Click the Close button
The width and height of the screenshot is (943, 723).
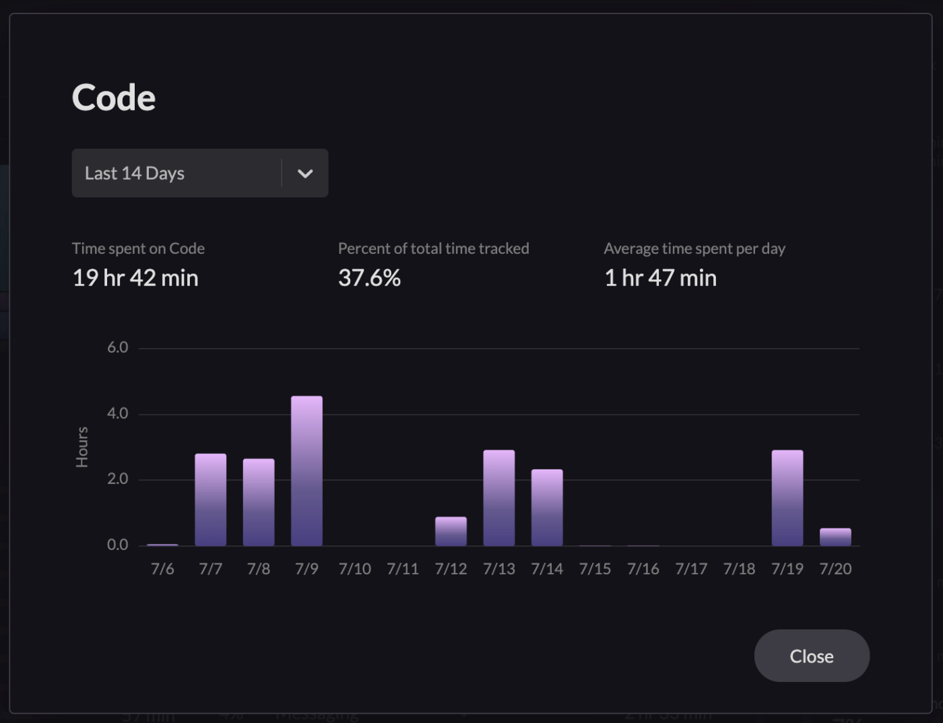(x=812, y=656)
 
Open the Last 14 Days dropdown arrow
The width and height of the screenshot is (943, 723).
(x=305, y=174)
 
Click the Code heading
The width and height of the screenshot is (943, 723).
(x=114, y=98)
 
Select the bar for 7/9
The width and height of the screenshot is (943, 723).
(x=306, y=471)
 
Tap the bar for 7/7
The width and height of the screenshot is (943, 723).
(x=210, y=500)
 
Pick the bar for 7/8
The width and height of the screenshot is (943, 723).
(x=259, y=502)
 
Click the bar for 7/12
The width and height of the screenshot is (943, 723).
(x=451, y=531)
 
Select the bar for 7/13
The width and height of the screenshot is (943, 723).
(x=499, y=498)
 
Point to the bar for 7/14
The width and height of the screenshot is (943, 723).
(x=547, y=508)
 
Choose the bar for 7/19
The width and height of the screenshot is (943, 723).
(x=787, y=498)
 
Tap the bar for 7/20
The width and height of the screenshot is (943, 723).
(x=835, y=537)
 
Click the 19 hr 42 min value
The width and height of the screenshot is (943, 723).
(x=135, y=278)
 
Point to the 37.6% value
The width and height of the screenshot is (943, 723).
(x=369, y=278)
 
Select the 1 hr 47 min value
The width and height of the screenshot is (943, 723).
(x=660, y=278)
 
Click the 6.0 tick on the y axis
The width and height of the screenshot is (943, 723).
(x=117, y=347)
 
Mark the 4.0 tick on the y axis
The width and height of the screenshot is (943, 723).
(x=117, y=413)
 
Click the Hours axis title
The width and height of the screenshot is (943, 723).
(x=82, y=447)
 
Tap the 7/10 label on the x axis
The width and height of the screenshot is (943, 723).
(x=355, y=569)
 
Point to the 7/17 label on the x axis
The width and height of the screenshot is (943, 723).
(x=691, y=569)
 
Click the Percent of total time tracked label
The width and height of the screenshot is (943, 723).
(x=433, y=248)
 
